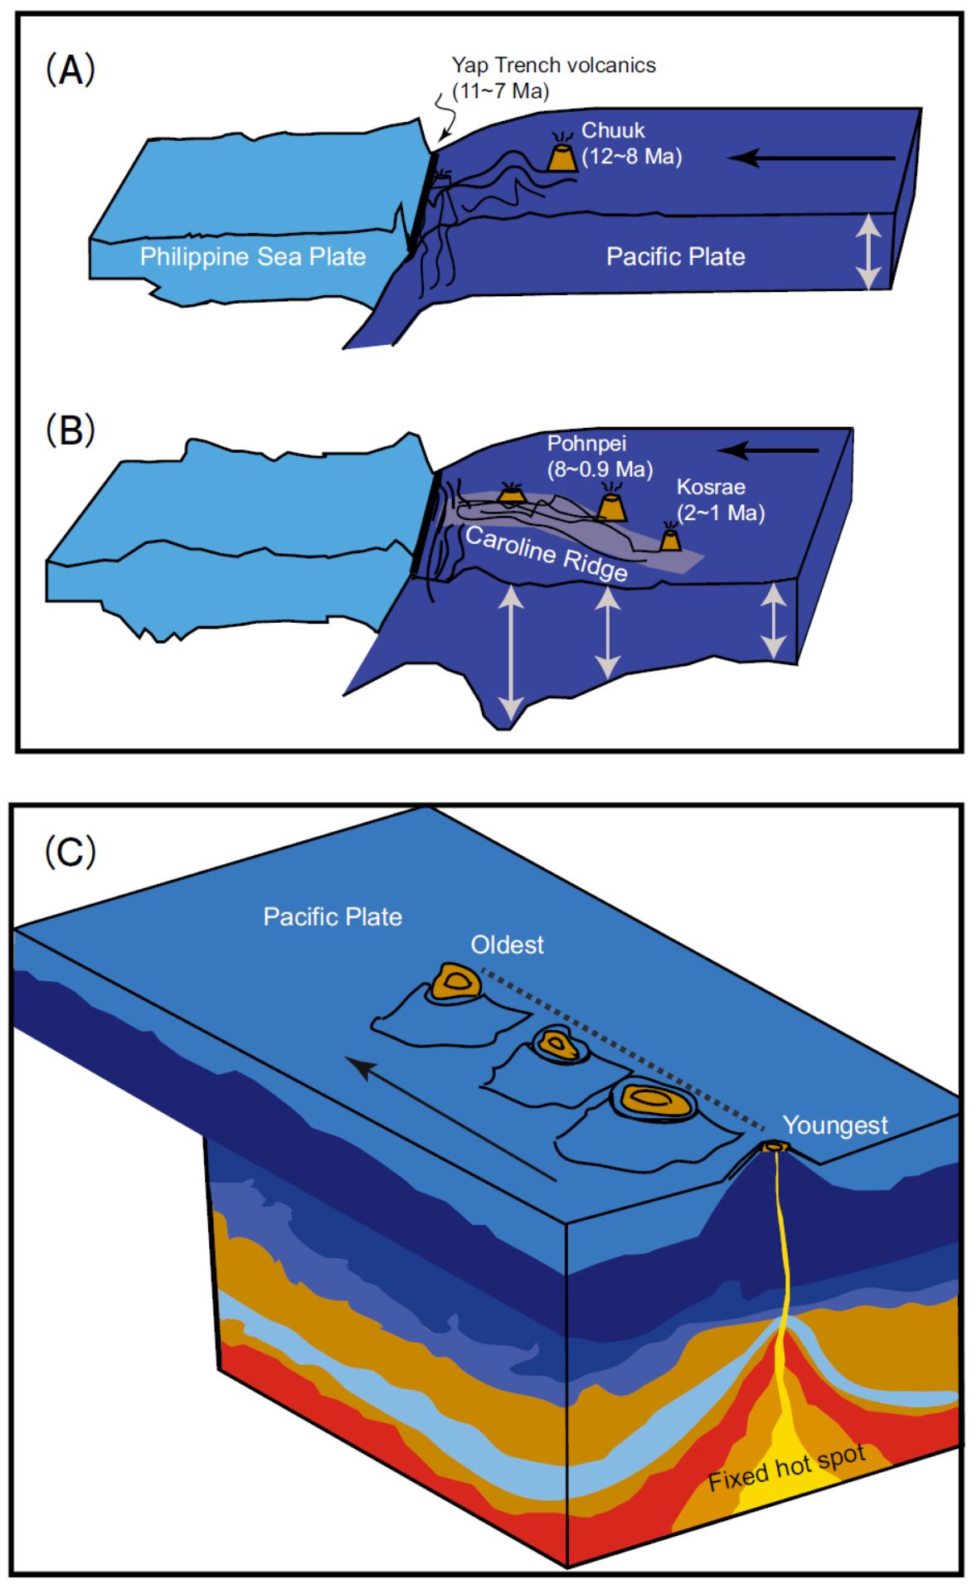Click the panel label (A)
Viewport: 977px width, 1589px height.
tap(70, 71)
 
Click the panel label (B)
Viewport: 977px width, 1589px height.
tap(70, 431)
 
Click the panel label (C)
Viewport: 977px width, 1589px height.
tap(70, 851)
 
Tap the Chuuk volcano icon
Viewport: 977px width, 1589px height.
tap(564, 158)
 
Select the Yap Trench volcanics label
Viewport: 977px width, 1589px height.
tap(553, 77)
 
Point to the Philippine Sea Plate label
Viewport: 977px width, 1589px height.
tap(253, 256)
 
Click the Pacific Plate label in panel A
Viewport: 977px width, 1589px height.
tap(675, 257)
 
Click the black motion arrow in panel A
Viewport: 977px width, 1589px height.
tap(816, 157)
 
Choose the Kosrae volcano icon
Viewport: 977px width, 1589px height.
tap(670, 539)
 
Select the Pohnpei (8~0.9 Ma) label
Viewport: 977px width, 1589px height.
tap(599, 455)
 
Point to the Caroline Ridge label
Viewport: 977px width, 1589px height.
tap(546, 554)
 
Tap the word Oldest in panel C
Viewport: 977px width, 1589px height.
tap(507, 945)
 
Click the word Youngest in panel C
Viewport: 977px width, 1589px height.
tap(835, 1125)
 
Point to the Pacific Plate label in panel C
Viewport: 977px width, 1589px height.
tap(333, 916)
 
